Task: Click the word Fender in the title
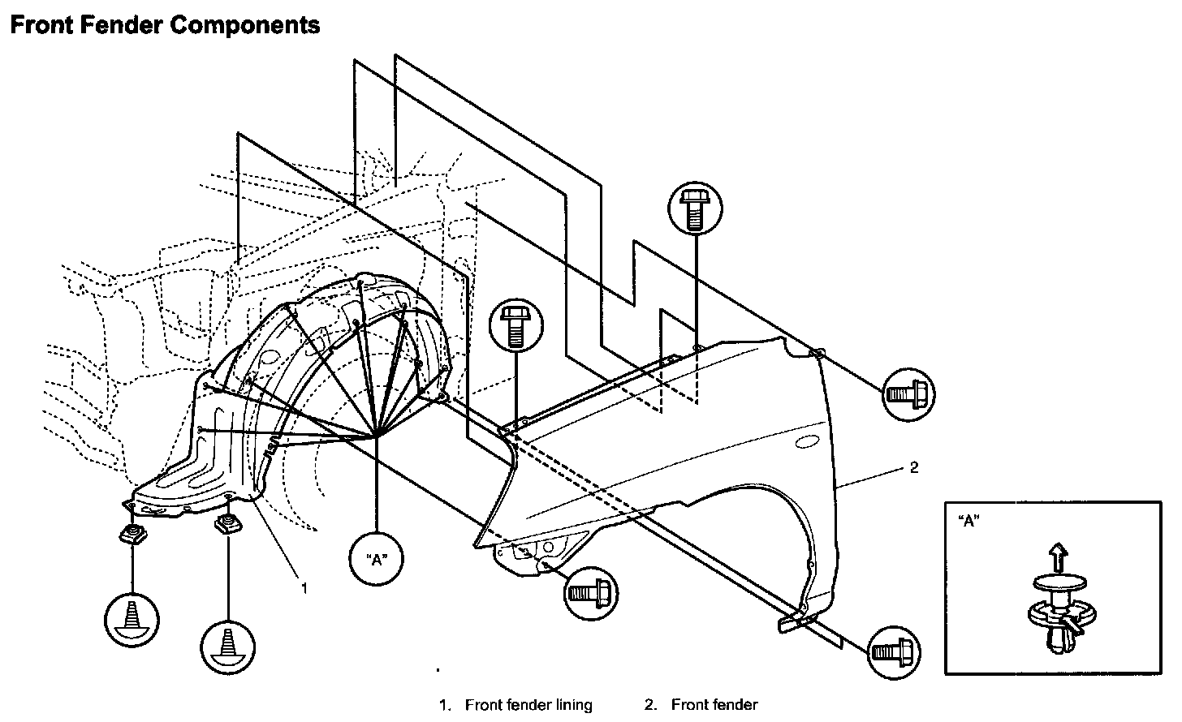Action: coord(122,25)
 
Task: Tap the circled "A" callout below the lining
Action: coord(376,558)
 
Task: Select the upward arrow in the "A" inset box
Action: coord(1058,558)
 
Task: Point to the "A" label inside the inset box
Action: coord(969,521)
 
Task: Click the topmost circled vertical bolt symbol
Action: coord(695,208)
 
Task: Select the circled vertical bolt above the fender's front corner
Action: coord(516,325)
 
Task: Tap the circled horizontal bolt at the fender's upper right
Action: coord(908,394)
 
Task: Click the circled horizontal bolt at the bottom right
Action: coord(894,653)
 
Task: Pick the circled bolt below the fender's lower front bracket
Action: coord(590,594)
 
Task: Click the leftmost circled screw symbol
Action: coord(132,620)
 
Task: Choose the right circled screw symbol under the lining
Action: coord(227,647)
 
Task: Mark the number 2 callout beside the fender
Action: coord(914,468)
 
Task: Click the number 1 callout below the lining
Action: coord(304,587)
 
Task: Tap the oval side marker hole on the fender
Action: coord(807,442)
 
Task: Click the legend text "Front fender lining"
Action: coord(528,705)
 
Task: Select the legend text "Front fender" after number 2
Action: coord(714,705)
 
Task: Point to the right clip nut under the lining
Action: coord(228,524)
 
